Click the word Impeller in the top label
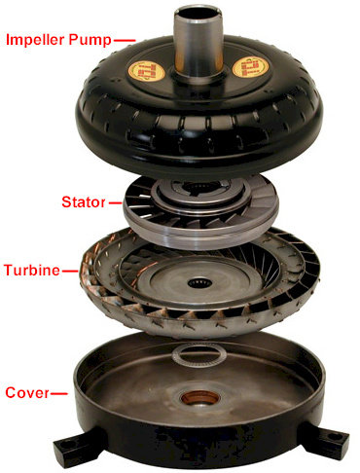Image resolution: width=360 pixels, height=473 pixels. point(35,40)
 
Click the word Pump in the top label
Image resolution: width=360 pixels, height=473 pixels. point(90,41)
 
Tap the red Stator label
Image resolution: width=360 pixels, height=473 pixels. point(84,202)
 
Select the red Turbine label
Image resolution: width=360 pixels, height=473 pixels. point(32,270)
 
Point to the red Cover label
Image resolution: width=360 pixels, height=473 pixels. point(27,392)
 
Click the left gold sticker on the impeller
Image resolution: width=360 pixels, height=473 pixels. point(147,71)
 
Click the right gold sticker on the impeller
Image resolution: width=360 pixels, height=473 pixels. point(250,67)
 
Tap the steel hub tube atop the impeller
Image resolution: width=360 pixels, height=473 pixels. point(198,41)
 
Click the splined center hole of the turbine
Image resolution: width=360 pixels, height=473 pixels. point(199,282)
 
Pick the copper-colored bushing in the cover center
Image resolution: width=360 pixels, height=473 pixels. point(198,398)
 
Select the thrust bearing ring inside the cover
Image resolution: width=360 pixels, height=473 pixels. point(198,356)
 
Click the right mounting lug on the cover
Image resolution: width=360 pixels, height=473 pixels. point(324,440)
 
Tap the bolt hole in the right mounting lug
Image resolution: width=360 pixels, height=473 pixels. point(332,436)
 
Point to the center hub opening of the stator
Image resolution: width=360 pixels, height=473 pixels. point(198,188)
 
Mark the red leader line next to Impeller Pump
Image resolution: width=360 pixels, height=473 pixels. point(125,41)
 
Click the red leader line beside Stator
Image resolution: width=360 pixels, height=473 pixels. point(115,203)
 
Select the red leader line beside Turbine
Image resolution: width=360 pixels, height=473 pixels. point(70,271)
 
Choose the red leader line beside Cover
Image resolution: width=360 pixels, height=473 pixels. point(59,393)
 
